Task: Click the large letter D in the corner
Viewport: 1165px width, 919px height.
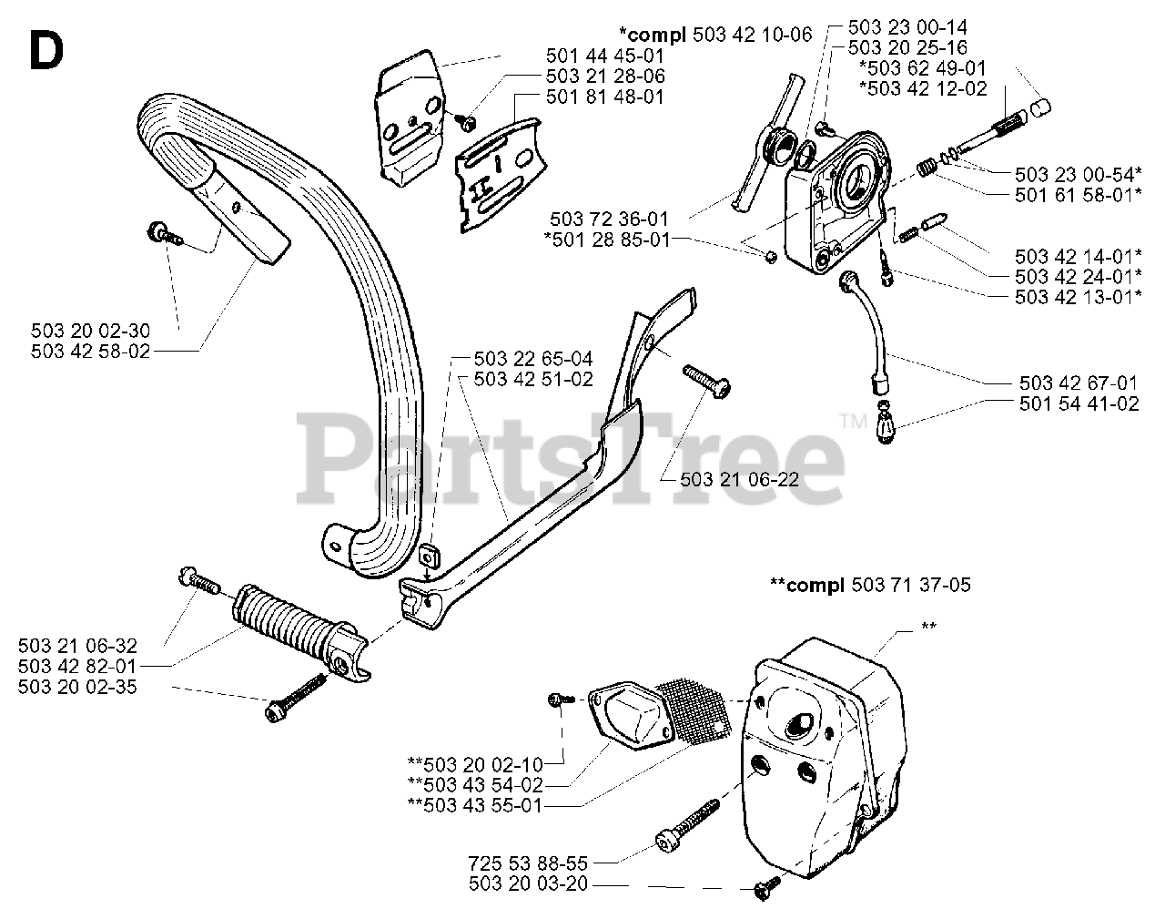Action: (x=46, y=51)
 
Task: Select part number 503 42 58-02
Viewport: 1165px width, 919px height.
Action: (x=91, y=351)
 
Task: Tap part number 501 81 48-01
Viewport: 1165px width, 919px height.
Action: (x=605, y=97)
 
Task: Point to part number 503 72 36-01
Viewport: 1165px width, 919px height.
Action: (x=609, y=219)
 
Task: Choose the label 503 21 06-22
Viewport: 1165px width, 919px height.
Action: (x=739, y=478)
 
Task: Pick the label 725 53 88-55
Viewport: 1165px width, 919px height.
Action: (x=529, y=862)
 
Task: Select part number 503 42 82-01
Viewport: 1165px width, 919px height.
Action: (x=77, y=666)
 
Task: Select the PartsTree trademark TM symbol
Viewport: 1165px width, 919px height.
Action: (x=853, y=421)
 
